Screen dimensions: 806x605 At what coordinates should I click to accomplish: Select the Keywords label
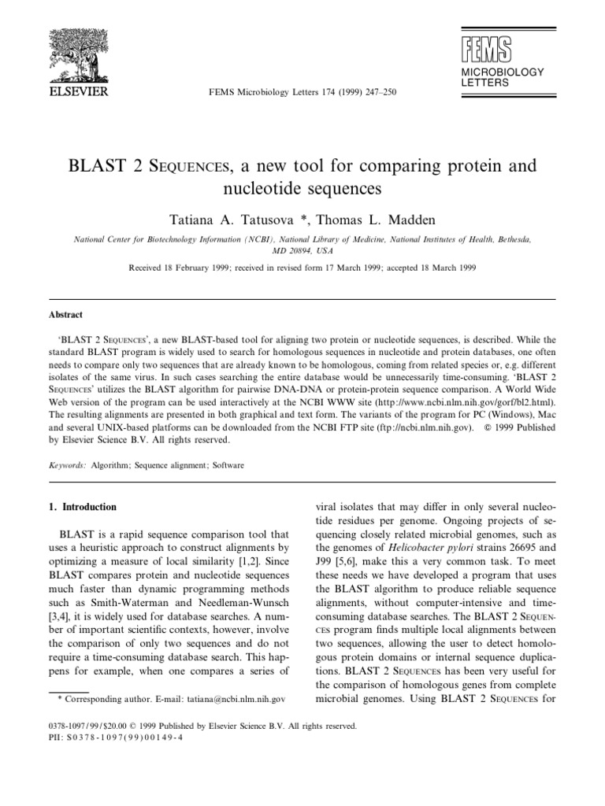tap(66, 465)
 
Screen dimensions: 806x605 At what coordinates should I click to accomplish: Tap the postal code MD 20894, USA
tap(302, 250)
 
